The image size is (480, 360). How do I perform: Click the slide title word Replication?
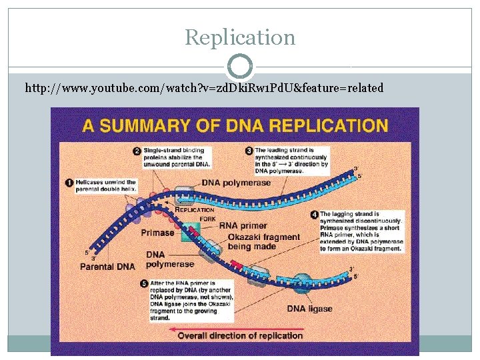click(x=240, y=37)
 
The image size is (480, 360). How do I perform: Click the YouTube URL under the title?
click(x=204, y=87)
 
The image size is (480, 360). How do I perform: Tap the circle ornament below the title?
click(x=240, y=67)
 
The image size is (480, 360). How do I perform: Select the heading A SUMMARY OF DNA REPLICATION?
click(x=235, y=125)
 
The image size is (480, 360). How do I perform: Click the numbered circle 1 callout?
click(x=69, y=183)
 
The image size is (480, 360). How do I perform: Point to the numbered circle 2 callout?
click(x=137, y=151)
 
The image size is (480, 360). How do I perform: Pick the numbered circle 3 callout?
click(x=249, y=151)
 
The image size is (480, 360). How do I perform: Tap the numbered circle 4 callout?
click(x=315, y=215)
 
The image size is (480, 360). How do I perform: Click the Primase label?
click(x=157, y=233)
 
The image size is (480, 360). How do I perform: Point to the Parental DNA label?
click(x=107, y=267)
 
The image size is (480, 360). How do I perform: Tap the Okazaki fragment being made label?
click(x=264, y=242)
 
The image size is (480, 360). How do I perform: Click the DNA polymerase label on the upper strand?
click(x=237, y=183)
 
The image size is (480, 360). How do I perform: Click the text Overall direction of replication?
click(x=240, y=335)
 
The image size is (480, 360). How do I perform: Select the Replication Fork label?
click(x=195, y=213)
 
